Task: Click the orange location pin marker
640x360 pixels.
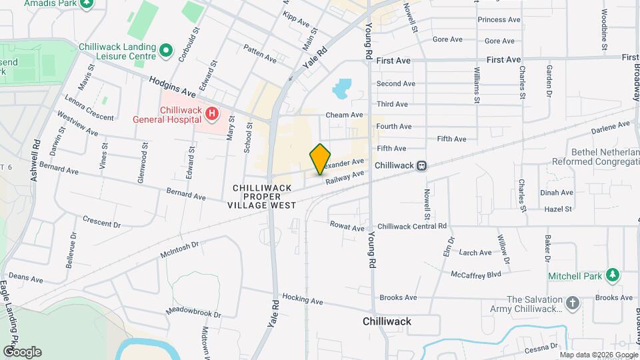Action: [x=320, y=159]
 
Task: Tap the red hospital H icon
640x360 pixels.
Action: [x=212, y=114]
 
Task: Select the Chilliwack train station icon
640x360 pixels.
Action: [x=421, y=165]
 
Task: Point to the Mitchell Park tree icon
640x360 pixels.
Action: [x=612, y=275]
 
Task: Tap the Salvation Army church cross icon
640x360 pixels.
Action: [x=572, y=304]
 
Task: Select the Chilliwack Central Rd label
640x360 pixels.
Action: [x=411, y=227]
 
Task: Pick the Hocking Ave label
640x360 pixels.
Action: [x=302, y=297]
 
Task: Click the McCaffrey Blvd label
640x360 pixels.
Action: [x=475, y=274]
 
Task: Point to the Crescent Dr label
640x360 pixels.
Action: [x=101, y=221]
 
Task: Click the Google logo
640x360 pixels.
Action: [x=22, y=351]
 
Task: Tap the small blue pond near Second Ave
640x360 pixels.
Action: [x=342, y=87]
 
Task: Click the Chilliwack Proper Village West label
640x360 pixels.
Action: [x=263, y=197]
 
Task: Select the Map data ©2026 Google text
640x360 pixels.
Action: [x=598, y=355]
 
